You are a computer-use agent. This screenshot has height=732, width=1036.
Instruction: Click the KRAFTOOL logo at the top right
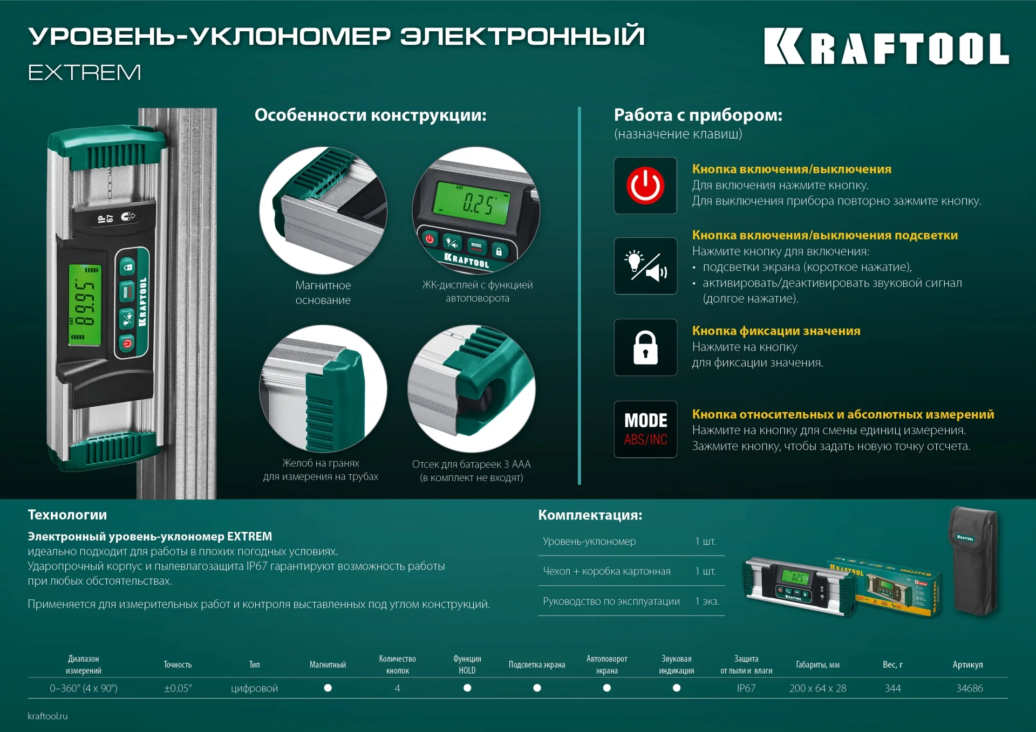tap(886, 47)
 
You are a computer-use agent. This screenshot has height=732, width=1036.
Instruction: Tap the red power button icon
tap(645, 186)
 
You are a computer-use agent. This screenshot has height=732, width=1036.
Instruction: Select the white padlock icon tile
tap(645, 347)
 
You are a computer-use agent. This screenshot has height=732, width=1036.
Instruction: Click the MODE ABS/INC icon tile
tap(645, 429)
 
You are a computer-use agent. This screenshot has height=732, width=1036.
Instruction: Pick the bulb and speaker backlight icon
tap(645, 266)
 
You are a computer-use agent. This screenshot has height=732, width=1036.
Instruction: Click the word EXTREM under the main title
tap(85, 72)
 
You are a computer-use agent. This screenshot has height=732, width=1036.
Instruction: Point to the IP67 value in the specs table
tap(746, 688)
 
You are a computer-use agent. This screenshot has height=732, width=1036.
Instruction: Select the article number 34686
tap(969, 688)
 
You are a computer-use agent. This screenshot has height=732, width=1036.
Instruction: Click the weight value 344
tap(892, 688)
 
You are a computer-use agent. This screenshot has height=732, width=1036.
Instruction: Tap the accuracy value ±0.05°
tap(178, 688)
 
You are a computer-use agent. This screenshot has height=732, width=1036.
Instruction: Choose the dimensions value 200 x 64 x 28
tap(817, 688)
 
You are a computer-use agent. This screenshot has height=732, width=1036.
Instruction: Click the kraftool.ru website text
tap(47, 716)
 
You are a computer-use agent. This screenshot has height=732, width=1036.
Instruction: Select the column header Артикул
tap(967, 665)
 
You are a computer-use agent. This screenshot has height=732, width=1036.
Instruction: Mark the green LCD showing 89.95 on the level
tap(85, 305)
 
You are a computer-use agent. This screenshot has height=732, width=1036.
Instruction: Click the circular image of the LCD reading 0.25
tap(476, 210)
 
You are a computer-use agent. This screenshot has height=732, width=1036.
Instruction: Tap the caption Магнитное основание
tap(323, 292)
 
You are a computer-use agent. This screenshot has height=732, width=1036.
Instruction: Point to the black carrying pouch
tap(973, 561)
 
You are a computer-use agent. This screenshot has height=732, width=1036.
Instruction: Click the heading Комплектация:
tap(590, 515)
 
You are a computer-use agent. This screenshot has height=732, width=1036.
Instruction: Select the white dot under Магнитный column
tap(328, 688)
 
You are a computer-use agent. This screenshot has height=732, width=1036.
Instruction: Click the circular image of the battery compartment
tap(471, 388)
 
